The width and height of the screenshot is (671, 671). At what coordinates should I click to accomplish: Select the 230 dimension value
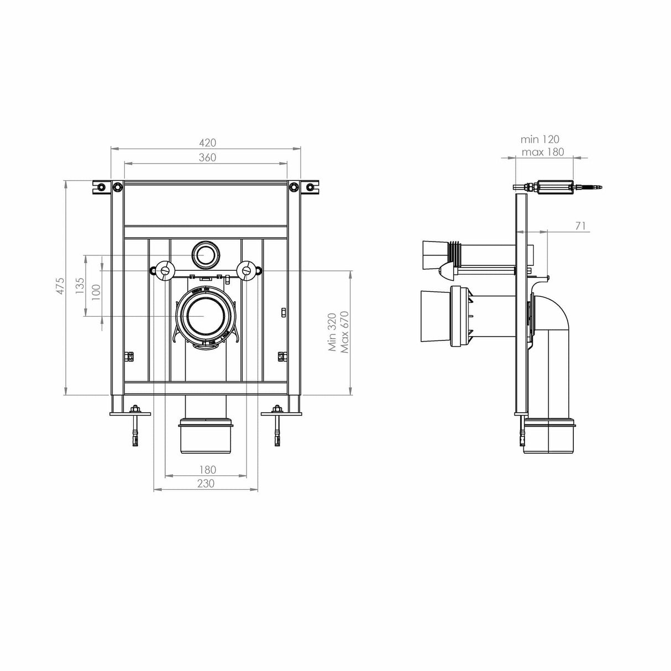click(206, 483)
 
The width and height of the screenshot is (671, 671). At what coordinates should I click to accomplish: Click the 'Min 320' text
click(332, 332)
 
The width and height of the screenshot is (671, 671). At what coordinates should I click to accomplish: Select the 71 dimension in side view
click(580, 226)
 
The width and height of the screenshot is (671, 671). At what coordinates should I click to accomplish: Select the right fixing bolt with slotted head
click(246, 270)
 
